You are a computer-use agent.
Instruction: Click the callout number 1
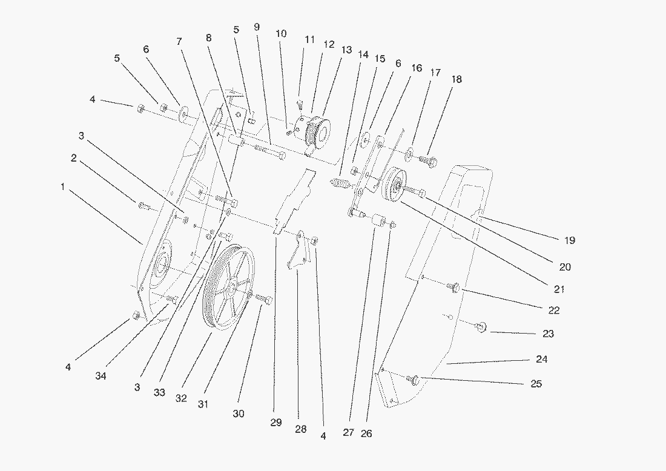click(x=62, y=187)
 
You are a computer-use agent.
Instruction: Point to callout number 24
click(x=541, y=359)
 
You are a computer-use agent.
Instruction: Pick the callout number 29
click(x=276, y=423)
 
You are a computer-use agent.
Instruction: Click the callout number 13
click(x=346, y=50)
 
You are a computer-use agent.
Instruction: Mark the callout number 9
click(x=257, y=27)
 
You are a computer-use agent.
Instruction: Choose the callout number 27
click(x=348, y=433)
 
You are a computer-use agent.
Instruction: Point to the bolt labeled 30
click(x=263, y=298)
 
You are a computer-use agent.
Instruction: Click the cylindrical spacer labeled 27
click(x=380, y=222)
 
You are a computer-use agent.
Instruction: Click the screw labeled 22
click(x=454, y=287)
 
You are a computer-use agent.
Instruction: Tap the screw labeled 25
click(x=415, y=380)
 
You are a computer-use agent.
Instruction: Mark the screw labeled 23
click(x=481, y=328)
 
